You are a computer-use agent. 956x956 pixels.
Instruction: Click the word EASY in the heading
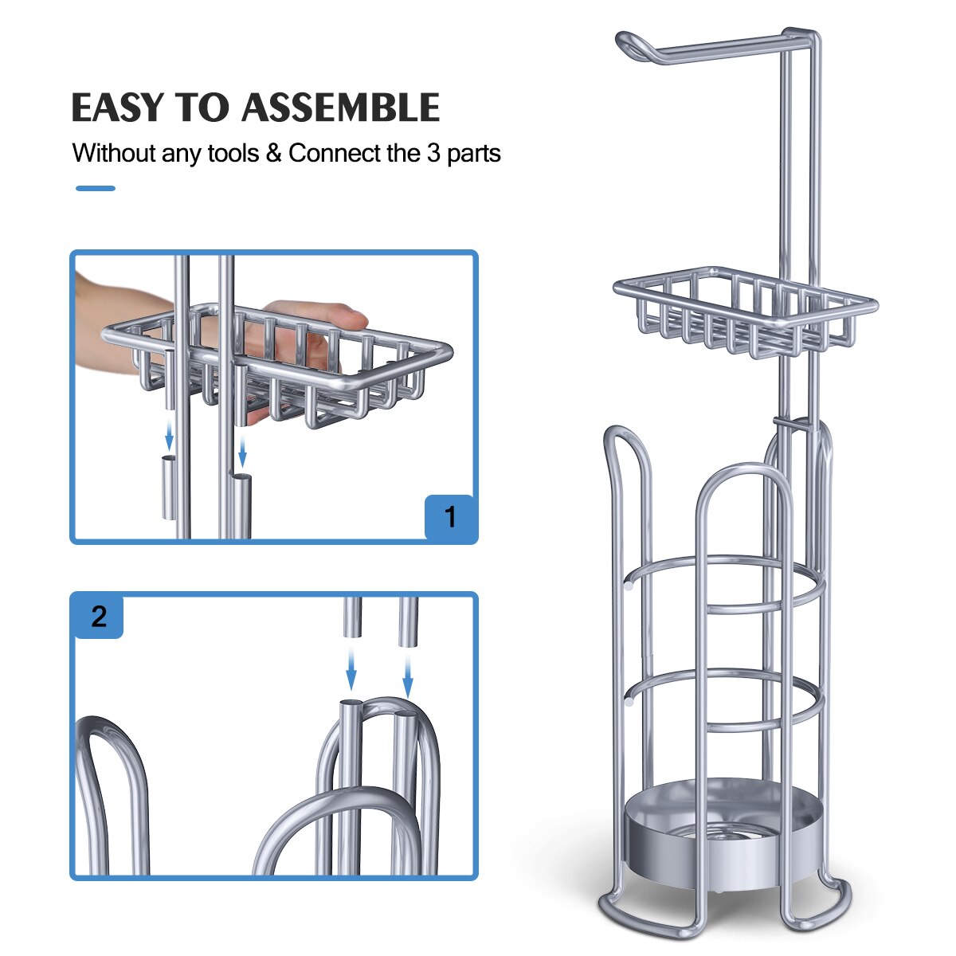pos(118,108)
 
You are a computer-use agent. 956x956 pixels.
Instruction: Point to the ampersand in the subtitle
pos(274,153)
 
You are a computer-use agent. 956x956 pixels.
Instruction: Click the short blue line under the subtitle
pos(96,189)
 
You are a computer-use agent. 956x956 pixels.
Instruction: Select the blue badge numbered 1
pos(450,518)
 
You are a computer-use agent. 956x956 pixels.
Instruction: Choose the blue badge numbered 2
pos(99,616)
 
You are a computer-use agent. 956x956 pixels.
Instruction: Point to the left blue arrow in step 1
pos(169,436)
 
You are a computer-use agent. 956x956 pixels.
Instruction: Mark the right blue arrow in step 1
pos(242,451)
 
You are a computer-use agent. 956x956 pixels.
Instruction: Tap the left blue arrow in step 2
pos(351,672)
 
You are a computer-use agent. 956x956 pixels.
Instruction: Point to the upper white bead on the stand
pos(629,586)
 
